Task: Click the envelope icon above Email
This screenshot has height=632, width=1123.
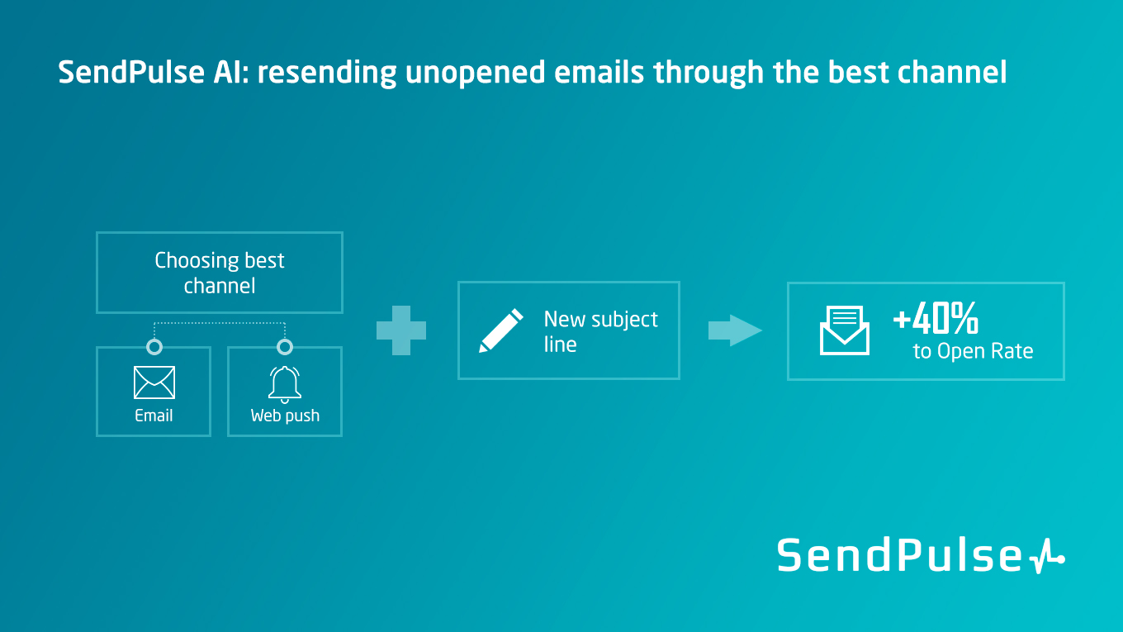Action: (x=154, y=383)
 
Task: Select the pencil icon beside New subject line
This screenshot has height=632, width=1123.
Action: (x=501, y=330)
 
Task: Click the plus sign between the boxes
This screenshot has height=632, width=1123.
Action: (x=401, y=330)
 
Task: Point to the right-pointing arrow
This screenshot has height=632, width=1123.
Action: (x=735, y=330)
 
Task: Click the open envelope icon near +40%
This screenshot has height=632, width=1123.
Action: (x=844, y=330)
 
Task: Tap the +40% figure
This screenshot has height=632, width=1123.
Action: (x=936, y=318)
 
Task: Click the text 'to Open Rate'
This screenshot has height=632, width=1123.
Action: (x=973, y=351)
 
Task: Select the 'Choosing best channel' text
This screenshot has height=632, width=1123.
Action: (x=220, y=273)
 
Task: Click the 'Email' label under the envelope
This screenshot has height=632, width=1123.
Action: (x=154, y=416)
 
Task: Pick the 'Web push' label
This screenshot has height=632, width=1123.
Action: (x=285, y=416)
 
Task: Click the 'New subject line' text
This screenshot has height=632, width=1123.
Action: (x=600, y=331)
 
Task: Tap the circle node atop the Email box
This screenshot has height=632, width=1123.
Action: (x=154, y=347)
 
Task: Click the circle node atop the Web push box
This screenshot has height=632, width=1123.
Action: (x=285, y=347)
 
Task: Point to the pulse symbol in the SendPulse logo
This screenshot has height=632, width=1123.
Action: (x=1047, y=556)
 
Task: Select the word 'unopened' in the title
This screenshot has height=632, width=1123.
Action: (x=475, y=73)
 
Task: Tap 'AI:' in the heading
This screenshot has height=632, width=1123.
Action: (x=230, y=72)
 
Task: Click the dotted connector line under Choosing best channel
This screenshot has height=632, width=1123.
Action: (x=220, y=323)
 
